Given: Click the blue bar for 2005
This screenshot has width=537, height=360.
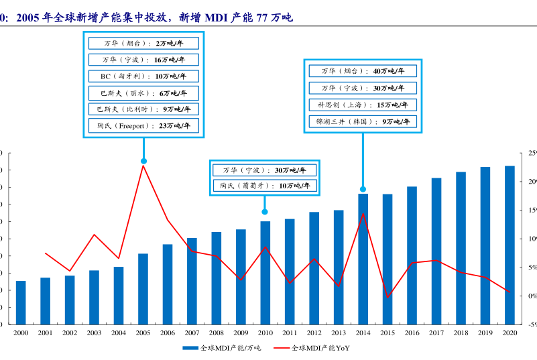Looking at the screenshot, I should [143, 288].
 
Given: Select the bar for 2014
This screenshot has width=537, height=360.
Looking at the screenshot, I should [363, 259].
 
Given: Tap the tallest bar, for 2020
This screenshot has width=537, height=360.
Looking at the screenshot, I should [510, 245].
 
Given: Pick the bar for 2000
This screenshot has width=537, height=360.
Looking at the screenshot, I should [21, 302].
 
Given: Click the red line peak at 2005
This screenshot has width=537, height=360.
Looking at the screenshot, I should [143, 165].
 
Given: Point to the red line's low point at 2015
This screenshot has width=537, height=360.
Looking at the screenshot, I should [387, 297].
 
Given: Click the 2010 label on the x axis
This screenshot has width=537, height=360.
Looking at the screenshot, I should [265, 333].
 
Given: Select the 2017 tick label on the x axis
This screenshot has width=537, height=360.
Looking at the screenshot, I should [436, 333].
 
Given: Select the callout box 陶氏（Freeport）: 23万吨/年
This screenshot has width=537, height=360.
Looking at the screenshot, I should [143, 125].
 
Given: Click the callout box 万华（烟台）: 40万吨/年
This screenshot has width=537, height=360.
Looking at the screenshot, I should [363, 70].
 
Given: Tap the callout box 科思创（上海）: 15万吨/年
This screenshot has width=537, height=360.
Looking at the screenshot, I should [363, 105].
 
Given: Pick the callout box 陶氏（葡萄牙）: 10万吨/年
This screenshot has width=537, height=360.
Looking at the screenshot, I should [265, 186].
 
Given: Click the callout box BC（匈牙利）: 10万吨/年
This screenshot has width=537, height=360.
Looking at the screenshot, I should [143, 76].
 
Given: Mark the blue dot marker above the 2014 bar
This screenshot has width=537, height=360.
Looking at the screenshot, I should [363, 189].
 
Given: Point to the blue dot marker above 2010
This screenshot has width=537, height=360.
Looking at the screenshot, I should [265, 212].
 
